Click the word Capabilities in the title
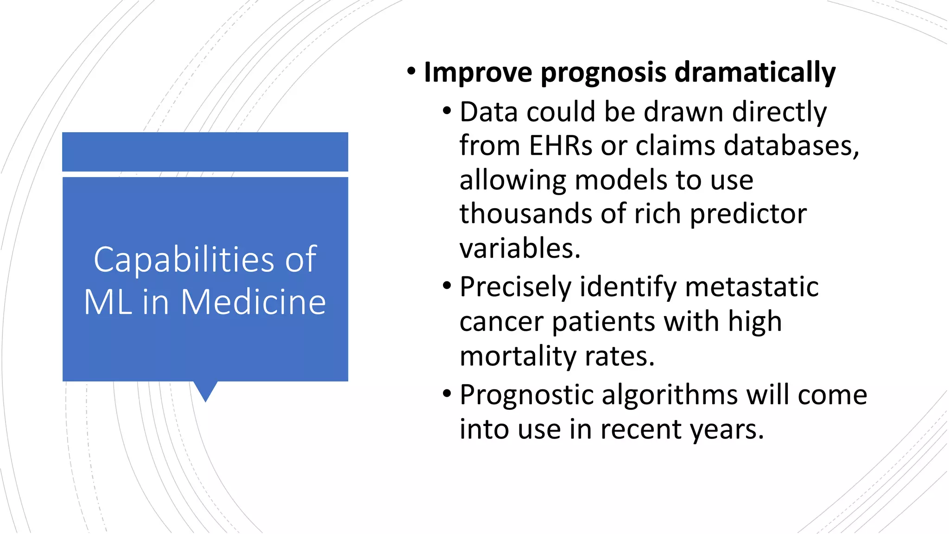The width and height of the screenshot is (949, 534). pos(183,260)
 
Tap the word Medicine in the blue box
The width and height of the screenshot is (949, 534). pos(253,302)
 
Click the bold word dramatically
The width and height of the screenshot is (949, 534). pos(755,73)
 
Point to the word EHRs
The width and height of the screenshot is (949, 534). pos(561,146)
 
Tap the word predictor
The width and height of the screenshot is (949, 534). pos(748,215)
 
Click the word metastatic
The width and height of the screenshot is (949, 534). pos(752,287)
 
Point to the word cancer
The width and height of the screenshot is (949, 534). pos(501,322)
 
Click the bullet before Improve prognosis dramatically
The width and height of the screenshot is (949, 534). pos(411,71)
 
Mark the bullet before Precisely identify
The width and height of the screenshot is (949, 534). pos(447,286)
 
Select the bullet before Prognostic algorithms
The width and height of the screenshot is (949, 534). pos(447,394)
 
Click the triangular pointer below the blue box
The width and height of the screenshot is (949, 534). pos(205,390)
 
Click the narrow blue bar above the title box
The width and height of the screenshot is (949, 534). pos(205,152)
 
